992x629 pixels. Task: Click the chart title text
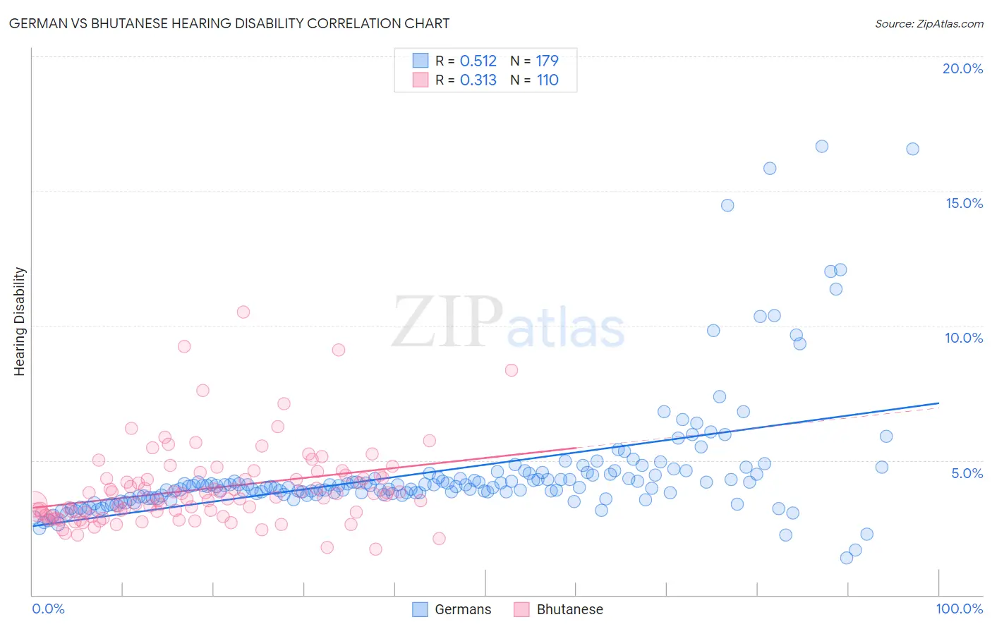pyautogui.click(x=229, y=23)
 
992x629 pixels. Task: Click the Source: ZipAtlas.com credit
pyautogui.click(x=929, y=23)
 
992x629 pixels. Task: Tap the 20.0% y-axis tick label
pyautogui.click(x=962, y=68)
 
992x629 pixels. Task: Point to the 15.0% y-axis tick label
pyautogui.click(x=964, y=203)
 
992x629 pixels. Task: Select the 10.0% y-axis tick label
pyautogui.click(x=964, y=338)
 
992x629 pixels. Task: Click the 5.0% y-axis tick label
pyautogui.click(x=967, y=473)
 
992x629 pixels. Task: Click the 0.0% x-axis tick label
pyautogui.click(x=48, y=609)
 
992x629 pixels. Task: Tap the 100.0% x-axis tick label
pyautogui.click(x=960, y=609)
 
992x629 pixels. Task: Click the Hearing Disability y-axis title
pyautogui.click(x=19, y=322)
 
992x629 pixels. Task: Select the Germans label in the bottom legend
pyautogui.click(x=463, y=609)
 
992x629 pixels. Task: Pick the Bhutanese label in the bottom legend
pyautogui.click(x=569, y=609)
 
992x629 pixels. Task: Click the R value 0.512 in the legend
pyautogui.click(x=478, y=61)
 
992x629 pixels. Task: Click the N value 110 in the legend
pyautogui.click(x=548, y=80)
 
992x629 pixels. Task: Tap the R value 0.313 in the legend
pyautogui.click(x=478, y=80)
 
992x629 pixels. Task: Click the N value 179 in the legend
pyautogui.click(x=548, y=61)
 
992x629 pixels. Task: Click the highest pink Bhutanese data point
pyautogui.click(x=243, y=312)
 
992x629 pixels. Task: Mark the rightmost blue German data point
pyautogui.click(x=912, y=149)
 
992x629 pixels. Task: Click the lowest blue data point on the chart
pyautogui.click(x=847, y=558)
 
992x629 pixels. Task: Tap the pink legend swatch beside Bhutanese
pyautogui.click(x=521, y=609)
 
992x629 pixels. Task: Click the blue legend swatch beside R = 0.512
pyautogui.click(x=421, y=61)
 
